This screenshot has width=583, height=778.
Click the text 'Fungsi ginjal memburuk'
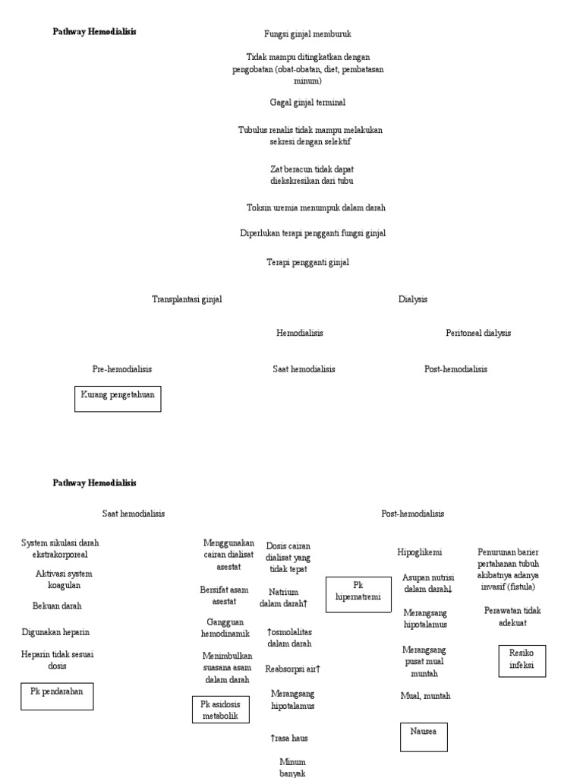pos(307,34)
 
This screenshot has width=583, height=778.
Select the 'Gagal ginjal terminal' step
pos(307,102)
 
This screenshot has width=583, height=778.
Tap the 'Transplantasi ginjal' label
pos(187,299)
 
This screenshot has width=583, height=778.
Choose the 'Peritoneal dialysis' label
pos(478,333)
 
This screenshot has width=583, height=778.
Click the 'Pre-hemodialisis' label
pos(122,369)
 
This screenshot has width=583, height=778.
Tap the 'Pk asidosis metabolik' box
pos(220,710)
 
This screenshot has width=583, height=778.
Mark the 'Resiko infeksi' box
pos(522,660)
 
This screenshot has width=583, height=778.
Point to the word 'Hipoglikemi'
pos(420,552)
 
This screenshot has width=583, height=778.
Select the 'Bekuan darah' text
pos(57,606)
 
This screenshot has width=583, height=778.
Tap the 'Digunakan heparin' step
pos(55,632)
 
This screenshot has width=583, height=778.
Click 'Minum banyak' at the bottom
pos(292,767)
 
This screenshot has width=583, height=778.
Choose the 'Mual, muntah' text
pos(425,696)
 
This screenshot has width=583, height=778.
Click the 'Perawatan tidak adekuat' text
pos(512,616)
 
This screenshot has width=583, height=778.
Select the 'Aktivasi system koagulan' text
pos(64,580)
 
